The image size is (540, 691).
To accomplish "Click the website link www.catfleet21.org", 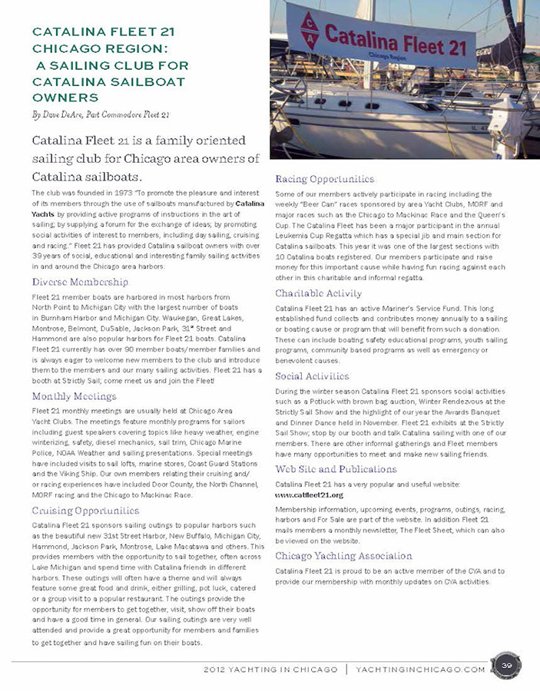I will (309, 495).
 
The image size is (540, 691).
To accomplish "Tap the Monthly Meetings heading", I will (75, 396).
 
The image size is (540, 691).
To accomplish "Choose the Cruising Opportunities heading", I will (85, 510).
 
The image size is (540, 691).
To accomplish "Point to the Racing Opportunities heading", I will (325, 179).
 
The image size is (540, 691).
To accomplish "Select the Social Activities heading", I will (312, 376).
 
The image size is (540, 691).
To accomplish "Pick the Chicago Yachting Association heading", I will (343, 555).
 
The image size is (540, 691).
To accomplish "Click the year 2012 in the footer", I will (217, 669).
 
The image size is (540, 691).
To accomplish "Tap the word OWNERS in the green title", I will (65, 98).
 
